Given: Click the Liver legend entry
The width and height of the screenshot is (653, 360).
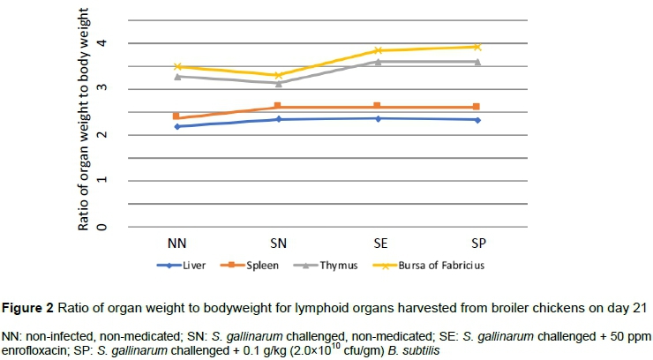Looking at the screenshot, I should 206,263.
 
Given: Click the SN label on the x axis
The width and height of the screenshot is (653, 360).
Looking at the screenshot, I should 278,242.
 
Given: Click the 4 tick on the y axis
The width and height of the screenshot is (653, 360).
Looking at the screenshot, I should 102,42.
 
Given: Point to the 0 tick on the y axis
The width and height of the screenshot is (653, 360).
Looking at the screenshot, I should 102,227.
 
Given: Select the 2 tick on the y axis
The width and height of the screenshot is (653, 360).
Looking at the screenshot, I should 102,135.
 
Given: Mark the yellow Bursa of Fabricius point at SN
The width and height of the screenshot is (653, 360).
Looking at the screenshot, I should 278,75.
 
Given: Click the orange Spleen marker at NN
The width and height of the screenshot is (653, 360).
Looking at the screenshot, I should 176,116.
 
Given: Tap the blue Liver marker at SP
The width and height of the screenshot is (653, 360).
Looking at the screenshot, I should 477,119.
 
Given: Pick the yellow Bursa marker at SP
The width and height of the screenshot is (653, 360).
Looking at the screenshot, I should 477,47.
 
